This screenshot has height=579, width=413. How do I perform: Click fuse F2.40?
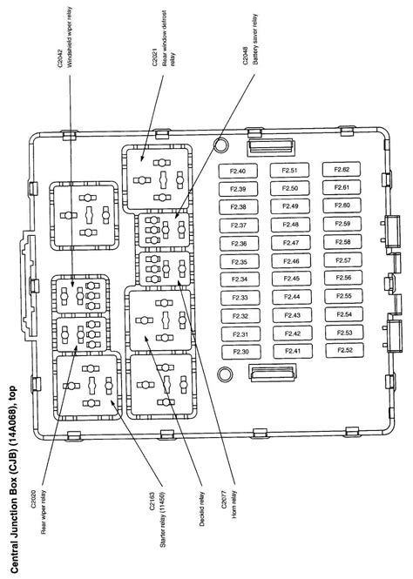pyautogui.click(x=238, y=171)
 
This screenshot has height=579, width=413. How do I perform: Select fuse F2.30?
pyautogui.click(x=240, y=352)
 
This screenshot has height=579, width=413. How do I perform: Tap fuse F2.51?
pyautogui.click(x=289, y=171)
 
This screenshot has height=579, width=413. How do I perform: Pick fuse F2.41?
pyautogui.click(x=293, y=351)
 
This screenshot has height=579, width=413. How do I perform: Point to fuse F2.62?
pyautogui.click(x=342, y=170)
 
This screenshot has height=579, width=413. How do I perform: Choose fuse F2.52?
pyautogui.click(x=345, y=350)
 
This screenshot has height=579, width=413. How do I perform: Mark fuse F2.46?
pyautogui.click(x=291, y=261)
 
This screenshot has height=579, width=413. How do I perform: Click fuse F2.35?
pyautogui.click(x=240, y=262)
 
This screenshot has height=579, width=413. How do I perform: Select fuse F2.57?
pyautogui.click(x=343, y=260)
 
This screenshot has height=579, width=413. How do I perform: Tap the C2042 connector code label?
pyautogui.click(x=60, y=58)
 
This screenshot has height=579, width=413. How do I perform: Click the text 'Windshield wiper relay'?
pyautogui.click(x=70, y=37)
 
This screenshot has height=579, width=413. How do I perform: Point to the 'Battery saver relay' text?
pyautogui.click(x=255, y=39)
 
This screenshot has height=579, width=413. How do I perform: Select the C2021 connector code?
pyautogui.click(x=155, y=57)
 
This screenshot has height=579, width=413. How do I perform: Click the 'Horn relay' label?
pyautogui.click(x=234, y=504)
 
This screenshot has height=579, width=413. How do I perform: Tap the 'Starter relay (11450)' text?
pyautogui.click(x=162, y=520)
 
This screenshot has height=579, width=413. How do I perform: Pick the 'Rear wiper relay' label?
pyautogui.click(x=44, y=512)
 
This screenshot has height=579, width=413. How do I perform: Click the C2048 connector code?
pyautogui.click(x=246, y=56)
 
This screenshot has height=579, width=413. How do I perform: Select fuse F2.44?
pyautogui.click(x=292, y=297)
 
